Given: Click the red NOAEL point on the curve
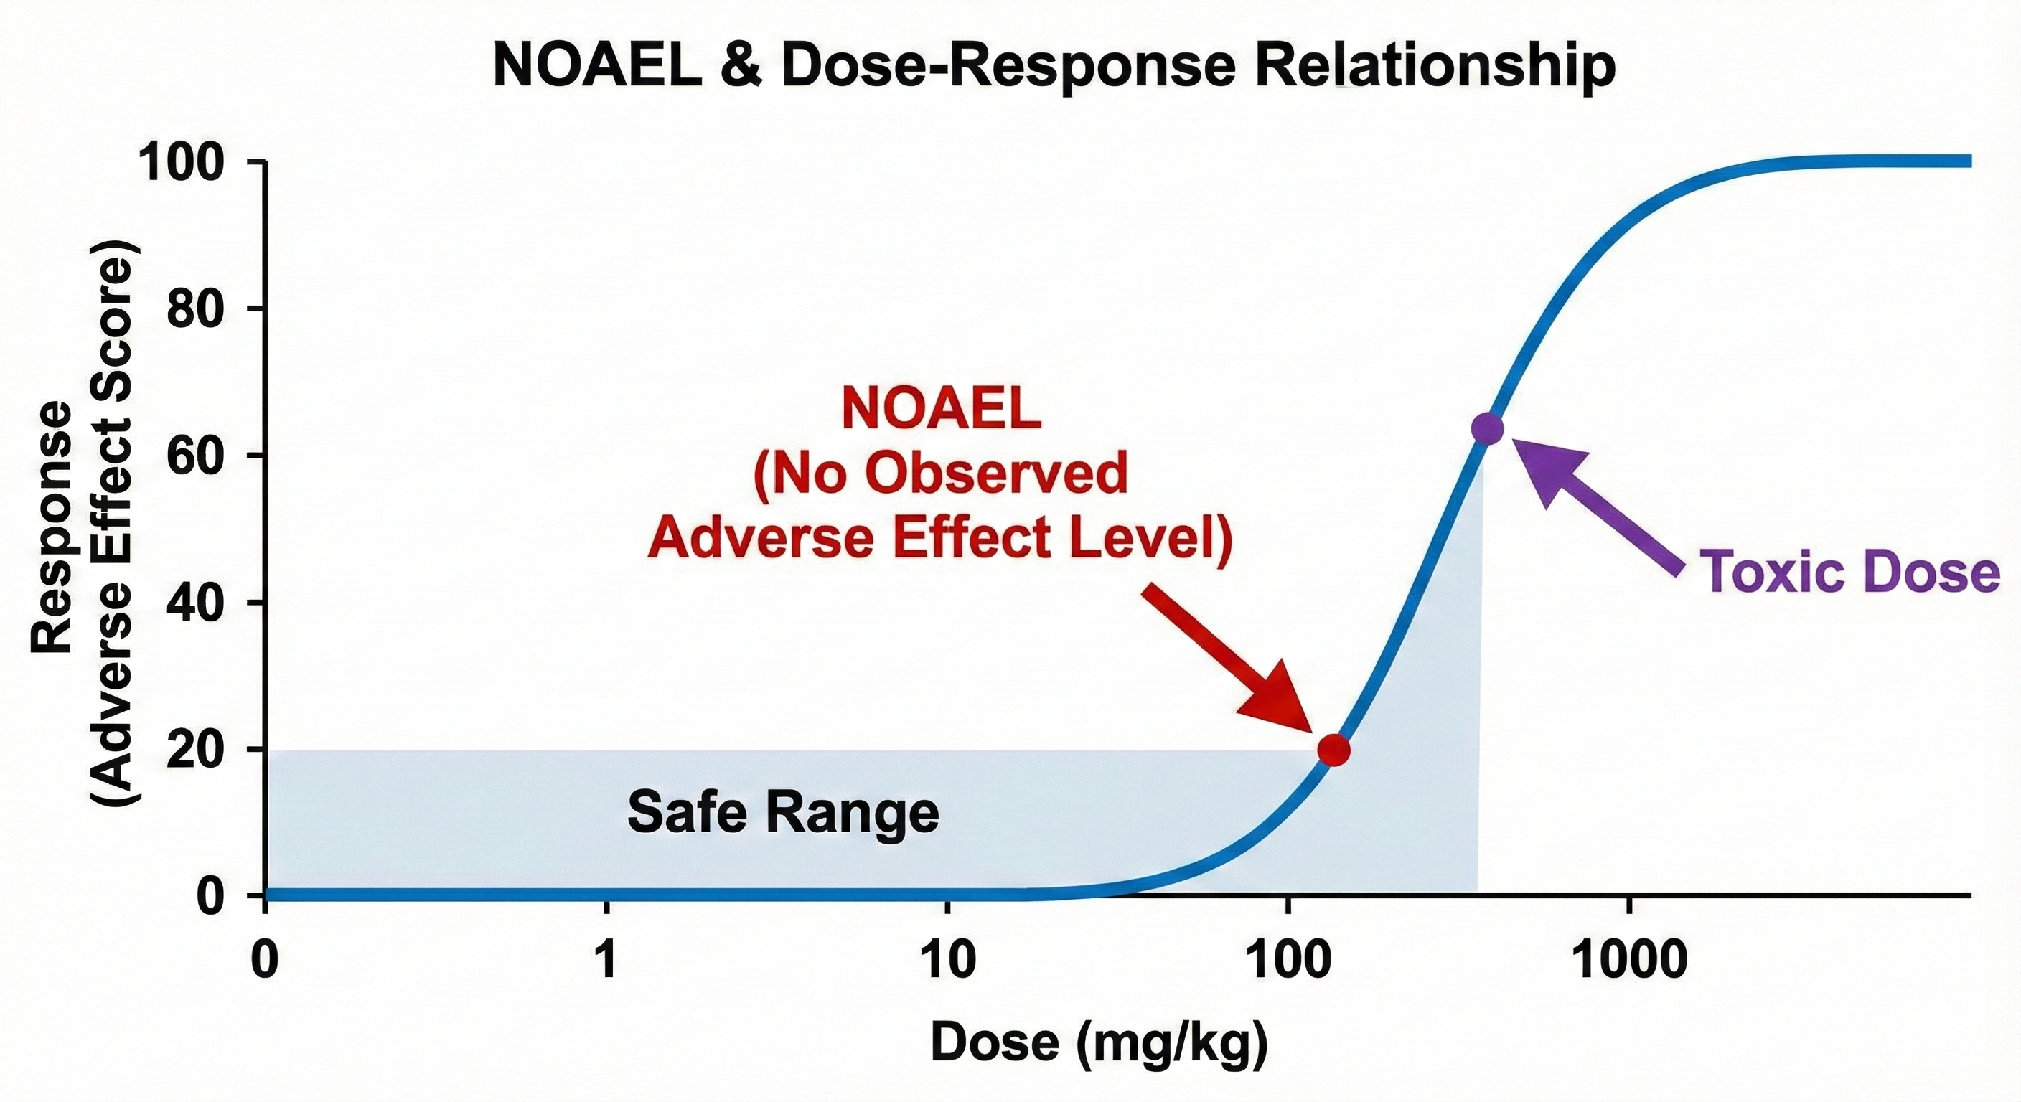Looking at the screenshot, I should [1333, 750].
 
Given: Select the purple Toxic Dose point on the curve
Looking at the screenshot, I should [1487, 428].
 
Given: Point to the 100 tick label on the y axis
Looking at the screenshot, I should [193, 162].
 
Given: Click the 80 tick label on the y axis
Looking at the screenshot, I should [205, 309].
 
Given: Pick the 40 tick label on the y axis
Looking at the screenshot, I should [205, 603].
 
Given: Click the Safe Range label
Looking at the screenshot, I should [783, 814].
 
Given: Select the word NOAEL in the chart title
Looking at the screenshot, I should [597, 66].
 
